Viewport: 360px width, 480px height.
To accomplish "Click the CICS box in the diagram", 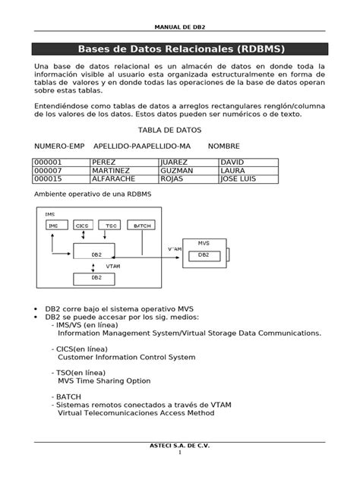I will [x=81, y=226].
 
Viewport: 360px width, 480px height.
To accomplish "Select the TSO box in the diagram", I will [x=111, y=226].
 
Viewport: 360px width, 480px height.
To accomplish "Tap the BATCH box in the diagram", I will [x=142, y=226].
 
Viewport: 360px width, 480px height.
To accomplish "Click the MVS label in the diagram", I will [x=204, y=243].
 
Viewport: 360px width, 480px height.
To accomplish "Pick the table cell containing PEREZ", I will [x=123, y=163].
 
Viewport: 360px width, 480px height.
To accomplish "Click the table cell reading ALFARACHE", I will [x=123, y=179].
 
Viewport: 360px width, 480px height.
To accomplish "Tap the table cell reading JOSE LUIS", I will [x=248, y=179].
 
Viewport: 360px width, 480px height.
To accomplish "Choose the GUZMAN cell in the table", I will [x=188, y=171].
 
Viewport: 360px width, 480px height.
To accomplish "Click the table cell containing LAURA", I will [x=248, y=171].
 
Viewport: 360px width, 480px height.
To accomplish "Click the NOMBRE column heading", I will [x=224, y=145].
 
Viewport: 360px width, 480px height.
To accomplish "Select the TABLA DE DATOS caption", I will [x=179, y=131].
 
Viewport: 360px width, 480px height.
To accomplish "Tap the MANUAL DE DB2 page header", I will [x=179, y=25].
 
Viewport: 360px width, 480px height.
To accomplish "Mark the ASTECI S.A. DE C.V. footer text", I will [x=180, y=445].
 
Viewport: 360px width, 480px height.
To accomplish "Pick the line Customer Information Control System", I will [x=127, y=356].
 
